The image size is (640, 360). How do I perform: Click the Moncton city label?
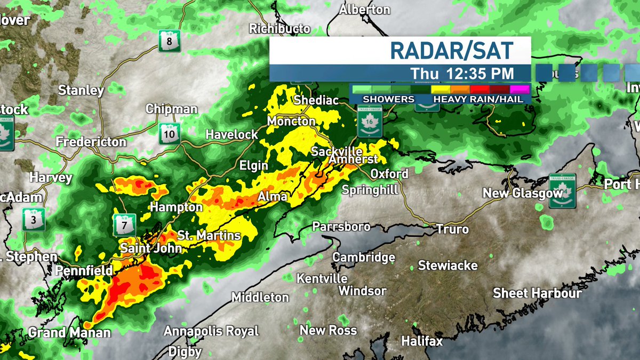291,122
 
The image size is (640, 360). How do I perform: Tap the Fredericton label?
92,142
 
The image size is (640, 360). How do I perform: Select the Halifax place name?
422,340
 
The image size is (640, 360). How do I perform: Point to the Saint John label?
151,248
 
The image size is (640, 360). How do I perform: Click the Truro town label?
452,229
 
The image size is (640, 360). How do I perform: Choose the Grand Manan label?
69,333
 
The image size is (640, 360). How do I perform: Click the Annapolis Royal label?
211,331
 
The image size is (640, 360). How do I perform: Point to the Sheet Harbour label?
537,293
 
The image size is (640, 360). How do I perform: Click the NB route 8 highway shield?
170,41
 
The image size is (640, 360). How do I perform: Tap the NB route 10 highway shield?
170,133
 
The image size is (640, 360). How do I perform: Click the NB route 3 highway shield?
34,219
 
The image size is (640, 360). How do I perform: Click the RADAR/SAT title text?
452,50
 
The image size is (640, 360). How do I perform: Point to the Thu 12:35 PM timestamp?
462,73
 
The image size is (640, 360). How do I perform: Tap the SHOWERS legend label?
388,99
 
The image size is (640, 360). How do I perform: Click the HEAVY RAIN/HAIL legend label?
481,99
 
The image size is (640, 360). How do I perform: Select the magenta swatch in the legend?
519,89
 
